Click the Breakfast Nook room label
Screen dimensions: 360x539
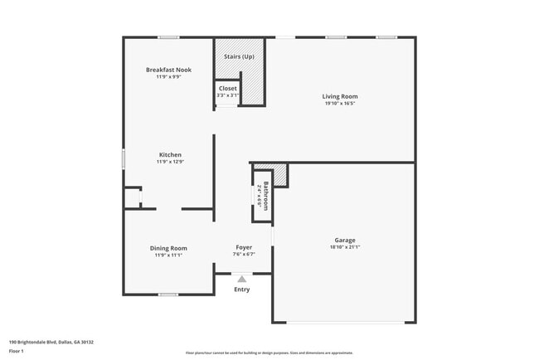pos(168,70)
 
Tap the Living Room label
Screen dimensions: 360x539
pos(340,97)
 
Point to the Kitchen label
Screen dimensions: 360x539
pos(171,154)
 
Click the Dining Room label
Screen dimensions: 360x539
pos(168,248)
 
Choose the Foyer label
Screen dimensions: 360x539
pos(244,247)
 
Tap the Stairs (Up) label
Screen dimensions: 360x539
pos(240,56)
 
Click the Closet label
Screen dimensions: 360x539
pos(227,88)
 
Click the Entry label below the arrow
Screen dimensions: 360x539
pos(241,289)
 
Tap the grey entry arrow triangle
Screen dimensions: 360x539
pos(241,280)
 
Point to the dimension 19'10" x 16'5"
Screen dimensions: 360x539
pos(340,105)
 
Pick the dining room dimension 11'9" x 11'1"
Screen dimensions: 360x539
pos(168,255)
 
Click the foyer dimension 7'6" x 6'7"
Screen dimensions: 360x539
pos(244,255)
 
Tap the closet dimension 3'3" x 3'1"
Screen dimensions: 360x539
pos(227,95)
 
